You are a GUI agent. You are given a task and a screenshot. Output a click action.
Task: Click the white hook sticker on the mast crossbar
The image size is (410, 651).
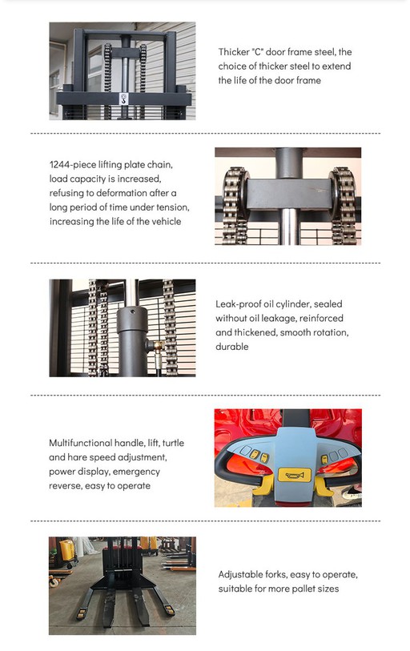123,98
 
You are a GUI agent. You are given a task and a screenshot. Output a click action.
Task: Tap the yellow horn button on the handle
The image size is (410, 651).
294,475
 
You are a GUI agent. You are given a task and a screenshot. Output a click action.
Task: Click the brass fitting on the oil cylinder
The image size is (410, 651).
158,345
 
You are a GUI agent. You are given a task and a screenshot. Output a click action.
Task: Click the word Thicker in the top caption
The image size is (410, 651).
234,52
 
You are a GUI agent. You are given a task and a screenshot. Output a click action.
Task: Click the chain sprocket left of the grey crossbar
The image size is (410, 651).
235,194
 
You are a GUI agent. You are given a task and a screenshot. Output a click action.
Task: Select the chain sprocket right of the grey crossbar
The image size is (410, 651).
343,194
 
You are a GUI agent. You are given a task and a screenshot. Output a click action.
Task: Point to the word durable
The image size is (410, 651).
231,346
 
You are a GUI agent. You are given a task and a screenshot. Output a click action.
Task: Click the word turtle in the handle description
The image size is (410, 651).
173,443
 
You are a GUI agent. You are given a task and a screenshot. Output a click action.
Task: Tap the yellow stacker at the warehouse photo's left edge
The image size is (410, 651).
65,550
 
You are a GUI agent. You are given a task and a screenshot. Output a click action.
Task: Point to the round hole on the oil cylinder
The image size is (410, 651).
132,311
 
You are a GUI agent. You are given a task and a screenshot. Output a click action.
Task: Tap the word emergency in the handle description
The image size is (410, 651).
136,472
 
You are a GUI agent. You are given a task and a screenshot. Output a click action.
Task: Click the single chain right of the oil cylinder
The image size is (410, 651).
169,328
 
